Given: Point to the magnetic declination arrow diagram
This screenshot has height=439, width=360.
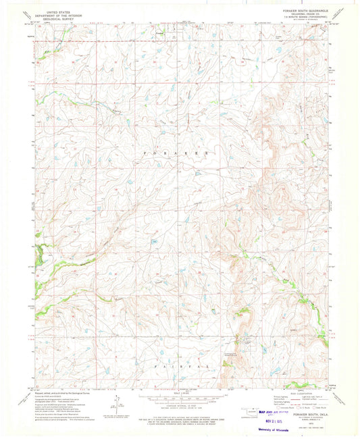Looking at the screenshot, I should [116, 403].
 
